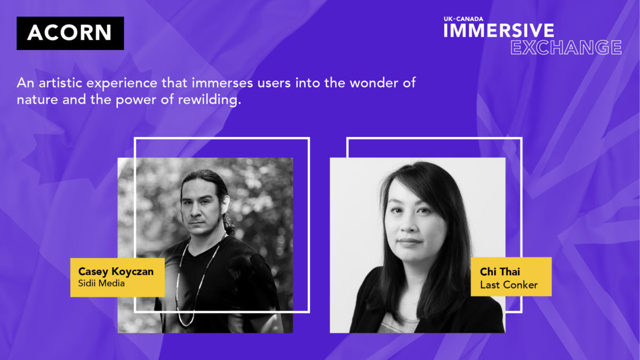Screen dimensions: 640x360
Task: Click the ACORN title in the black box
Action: tap(69, 33)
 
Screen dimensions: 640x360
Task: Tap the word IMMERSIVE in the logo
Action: tap(499, 30)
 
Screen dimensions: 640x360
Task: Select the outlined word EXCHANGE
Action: tap(566, 47)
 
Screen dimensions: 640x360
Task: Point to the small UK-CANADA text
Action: tap(463, 19)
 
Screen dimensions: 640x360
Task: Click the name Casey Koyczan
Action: tap(116, 271)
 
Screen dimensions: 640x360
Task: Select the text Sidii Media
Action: tap(101, 283)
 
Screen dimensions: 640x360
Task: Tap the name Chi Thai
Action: tap(500, 271)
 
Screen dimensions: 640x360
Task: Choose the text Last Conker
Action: tap(509, 285)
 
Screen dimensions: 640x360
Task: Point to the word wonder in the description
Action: tap(374, 83)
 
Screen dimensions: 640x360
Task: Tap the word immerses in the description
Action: tap(222, 83)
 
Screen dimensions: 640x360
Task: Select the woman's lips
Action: tap(410, 242)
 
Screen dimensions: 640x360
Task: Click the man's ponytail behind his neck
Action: tap(229, 225)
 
